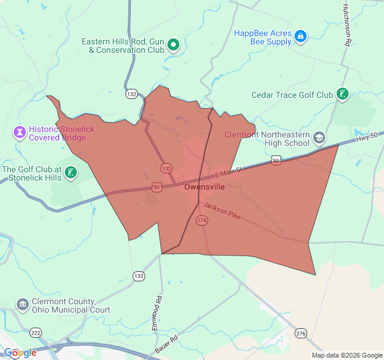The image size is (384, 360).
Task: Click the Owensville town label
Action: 205,187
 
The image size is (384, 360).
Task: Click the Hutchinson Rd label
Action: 347,24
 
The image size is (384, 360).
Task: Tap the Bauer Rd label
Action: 166,343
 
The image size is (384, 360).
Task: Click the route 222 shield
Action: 36,332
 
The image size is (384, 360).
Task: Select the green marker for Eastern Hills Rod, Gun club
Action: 173,43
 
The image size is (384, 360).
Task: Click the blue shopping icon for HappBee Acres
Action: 301,37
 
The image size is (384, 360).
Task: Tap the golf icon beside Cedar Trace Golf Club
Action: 342,94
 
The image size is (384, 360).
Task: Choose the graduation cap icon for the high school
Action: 319,138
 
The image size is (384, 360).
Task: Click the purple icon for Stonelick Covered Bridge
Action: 20,132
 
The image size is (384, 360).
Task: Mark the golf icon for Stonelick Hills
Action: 71,173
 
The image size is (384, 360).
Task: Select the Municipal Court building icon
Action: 23,305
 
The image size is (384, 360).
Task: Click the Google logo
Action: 20,353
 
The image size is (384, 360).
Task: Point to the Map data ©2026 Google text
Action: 346,355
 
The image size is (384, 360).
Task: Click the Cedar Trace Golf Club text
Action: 292,95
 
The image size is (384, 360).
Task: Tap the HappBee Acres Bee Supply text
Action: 262,37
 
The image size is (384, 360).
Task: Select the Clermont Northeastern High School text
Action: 267,139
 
